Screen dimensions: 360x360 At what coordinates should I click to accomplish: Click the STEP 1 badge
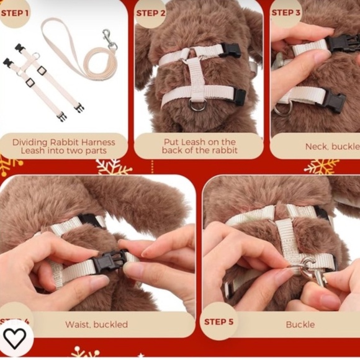(15, 13)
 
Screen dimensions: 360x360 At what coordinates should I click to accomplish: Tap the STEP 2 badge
(150, 13)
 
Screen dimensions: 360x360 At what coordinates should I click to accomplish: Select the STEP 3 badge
(286, 12)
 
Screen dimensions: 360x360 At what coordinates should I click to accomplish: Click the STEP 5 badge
(218, 322)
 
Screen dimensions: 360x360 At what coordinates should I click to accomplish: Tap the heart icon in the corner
(14, 338)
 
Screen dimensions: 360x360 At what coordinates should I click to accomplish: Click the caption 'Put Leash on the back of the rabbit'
(199, 146)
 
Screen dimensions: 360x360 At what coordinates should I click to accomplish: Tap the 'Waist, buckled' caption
(96, 324)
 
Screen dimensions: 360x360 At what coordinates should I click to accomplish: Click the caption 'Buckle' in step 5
(300, 324)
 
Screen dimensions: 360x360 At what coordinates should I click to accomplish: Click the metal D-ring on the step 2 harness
(198, 105)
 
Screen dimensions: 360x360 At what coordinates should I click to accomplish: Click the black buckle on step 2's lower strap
(239, 95)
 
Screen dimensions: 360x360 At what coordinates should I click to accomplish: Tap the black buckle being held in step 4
(110, 261)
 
